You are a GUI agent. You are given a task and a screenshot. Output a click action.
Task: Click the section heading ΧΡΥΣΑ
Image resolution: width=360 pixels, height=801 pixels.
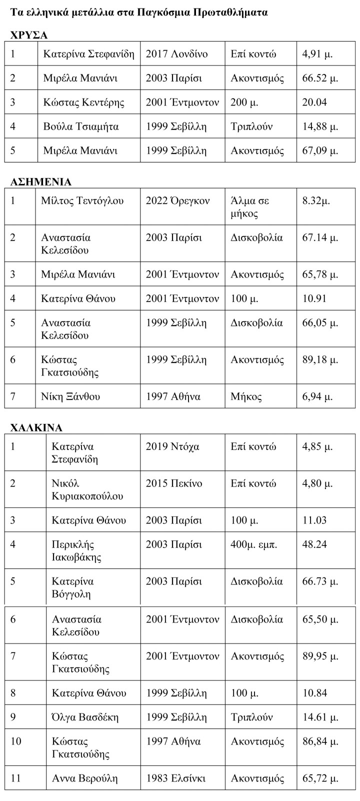(29, 35)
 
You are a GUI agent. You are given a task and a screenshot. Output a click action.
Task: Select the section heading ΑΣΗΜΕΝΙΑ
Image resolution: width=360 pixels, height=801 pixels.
(41, 181)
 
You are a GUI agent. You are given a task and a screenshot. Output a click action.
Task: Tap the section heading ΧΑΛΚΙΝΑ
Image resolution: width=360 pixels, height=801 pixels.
(36, 427)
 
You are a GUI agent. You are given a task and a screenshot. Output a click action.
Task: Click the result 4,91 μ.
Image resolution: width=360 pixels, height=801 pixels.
(317, 54)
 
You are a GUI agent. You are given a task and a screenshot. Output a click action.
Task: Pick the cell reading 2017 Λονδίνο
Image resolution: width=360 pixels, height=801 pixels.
(176, 54)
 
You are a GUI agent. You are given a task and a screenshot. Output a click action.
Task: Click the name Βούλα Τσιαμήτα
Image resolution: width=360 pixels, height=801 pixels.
(81, 126)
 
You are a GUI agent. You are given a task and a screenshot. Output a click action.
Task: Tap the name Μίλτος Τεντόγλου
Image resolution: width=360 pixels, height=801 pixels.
(82, 201)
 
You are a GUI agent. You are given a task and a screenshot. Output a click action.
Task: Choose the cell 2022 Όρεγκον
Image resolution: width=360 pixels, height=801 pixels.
(178, 201)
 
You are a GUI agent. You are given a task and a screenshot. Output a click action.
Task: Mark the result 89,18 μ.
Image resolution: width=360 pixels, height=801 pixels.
(320, 359)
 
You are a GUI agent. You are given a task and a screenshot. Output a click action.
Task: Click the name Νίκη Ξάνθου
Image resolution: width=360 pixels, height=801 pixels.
(70, 396)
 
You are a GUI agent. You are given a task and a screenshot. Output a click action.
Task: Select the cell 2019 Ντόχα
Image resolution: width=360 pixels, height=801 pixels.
(172, 446)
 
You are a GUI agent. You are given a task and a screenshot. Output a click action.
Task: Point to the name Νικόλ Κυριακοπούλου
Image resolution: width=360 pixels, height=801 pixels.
(87, 490)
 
